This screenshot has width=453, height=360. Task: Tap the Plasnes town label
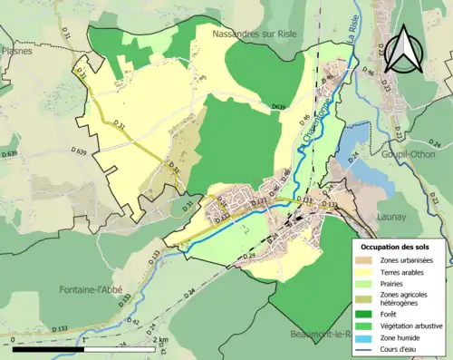pos(16,53)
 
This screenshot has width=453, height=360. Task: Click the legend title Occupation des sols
pos(395,246)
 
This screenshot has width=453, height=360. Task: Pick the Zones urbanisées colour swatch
pos(366,260)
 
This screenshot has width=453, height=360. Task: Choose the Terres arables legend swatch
pos(366,273)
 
